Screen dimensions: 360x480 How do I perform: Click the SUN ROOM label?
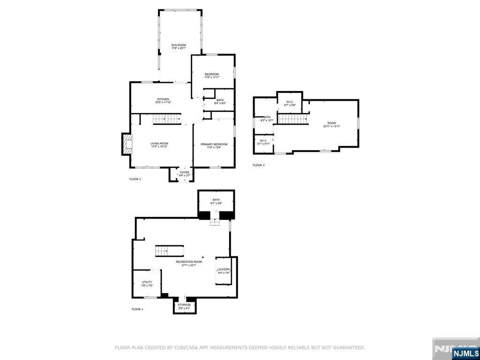click(179, 46)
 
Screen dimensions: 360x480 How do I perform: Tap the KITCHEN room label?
click(163, 100)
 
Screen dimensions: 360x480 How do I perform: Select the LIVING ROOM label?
click(159, 145)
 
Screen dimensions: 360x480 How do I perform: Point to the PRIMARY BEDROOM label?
click(214, 145)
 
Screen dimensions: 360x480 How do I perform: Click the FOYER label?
click(184, 173)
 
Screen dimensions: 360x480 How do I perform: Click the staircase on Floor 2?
click(167, 119)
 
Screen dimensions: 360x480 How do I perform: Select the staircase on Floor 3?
click(292, 119)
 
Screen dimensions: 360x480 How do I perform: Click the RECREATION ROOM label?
click(189, 263)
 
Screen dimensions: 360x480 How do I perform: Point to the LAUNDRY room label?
click(224, 270)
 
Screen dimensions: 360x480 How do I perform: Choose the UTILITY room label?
click(147, 284)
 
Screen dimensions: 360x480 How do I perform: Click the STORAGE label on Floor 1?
click(184, 306)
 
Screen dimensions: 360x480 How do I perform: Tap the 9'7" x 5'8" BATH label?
click(216, 202)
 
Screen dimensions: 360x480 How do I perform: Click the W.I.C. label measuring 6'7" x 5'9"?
click(290, 103)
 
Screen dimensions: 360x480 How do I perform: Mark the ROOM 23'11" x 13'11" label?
click(331, 124)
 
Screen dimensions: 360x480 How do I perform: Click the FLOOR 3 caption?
click(259, 165)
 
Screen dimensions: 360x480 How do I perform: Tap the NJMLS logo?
click(465, 353)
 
